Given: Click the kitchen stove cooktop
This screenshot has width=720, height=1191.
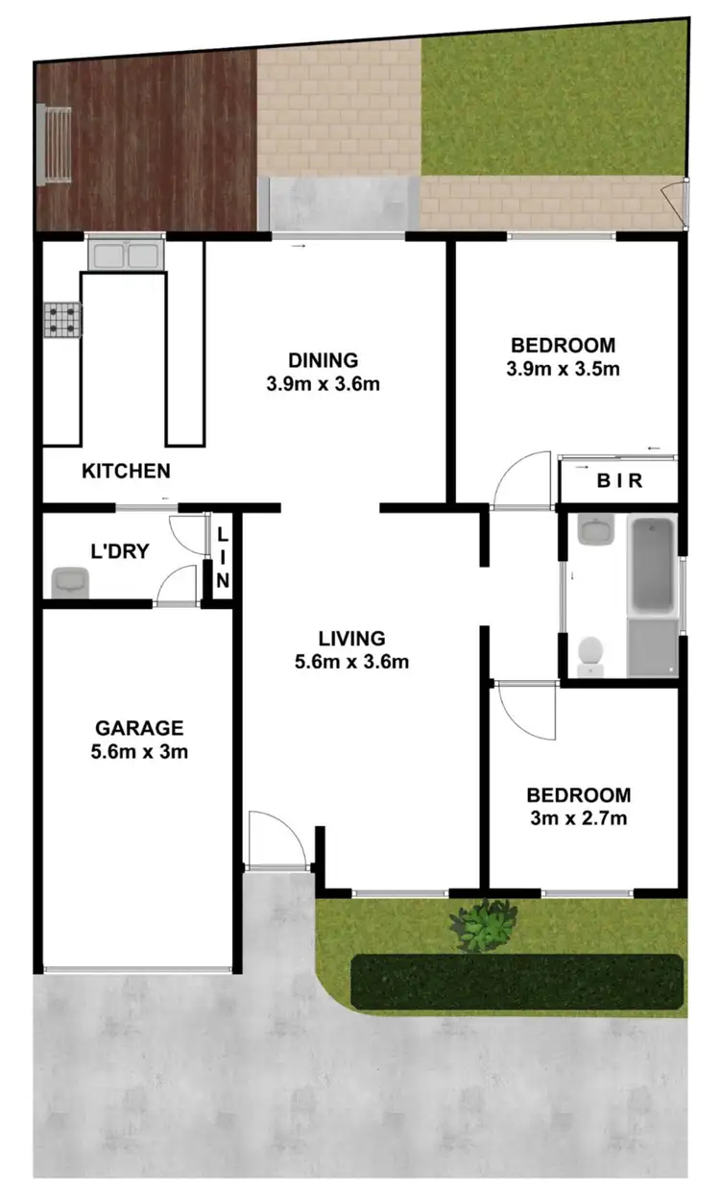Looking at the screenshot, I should pyautogui.click(x=62, y=320).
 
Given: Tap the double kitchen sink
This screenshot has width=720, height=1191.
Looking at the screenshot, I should pyautogui.click(x=125, y=255).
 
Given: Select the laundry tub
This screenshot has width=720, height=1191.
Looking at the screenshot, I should pyautogui.click(x=69, y=581).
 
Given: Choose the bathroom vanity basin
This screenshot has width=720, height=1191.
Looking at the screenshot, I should pyautogui.click(x=596, y=530).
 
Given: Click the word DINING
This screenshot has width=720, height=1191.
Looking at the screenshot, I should pyautogui.click(x=323, y=360).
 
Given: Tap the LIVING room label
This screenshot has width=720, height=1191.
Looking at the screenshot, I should pyautogui.click(x=352, y=638).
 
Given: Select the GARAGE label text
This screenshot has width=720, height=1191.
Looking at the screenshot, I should pyautogui.click(x=138, y=728).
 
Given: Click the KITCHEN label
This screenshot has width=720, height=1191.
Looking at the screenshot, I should pyautogui.click(x=126, y=471).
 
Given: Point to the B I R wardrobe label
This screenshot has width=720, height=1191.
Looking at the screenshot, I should pyautogui.click(x=619, y=481).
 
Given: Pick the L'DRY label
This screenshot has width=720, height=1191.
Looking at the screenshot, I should pyautogui.click(x=119, y=552).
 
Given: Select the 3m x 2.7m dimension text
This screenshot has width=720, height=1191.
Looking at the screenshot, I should pyautogui.click(x=578, y=818).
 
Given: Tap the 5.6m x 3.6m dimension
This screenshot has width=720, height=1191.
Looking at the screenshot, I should pyautogui.click(x=352, y=661).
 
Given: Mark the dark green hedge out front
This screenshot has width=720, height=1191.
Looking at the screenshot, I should pyautogui.click(x=517, y=981).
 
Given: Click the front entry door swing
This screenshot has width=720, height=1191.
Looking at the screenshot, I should pyautogui.click(x=276, y=840).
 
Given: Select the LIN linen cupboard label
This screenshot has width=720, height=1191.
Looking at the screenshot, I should pyautogui.click(x=223, y=558).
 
